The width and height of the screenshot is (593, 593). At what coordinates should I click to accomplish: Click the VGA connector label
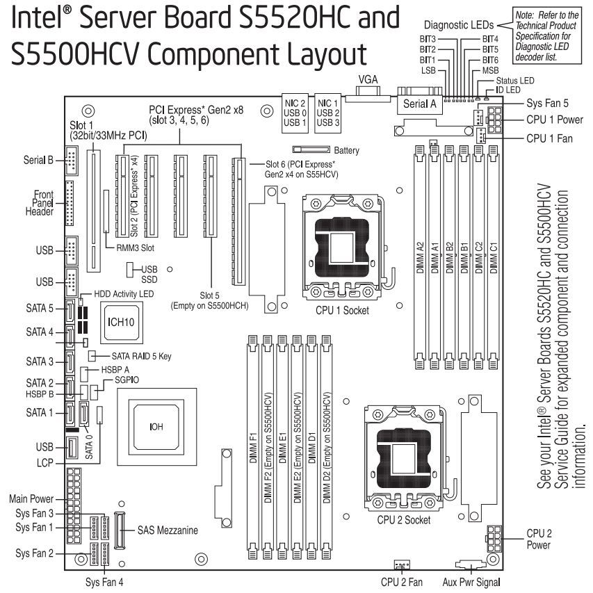pos(367,80)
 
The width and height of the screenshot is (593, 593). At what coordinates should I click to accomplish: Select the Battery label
pos(347,149)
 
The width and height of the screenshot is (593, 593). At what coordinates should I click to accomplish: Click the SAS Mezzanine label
pos(168,530)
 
